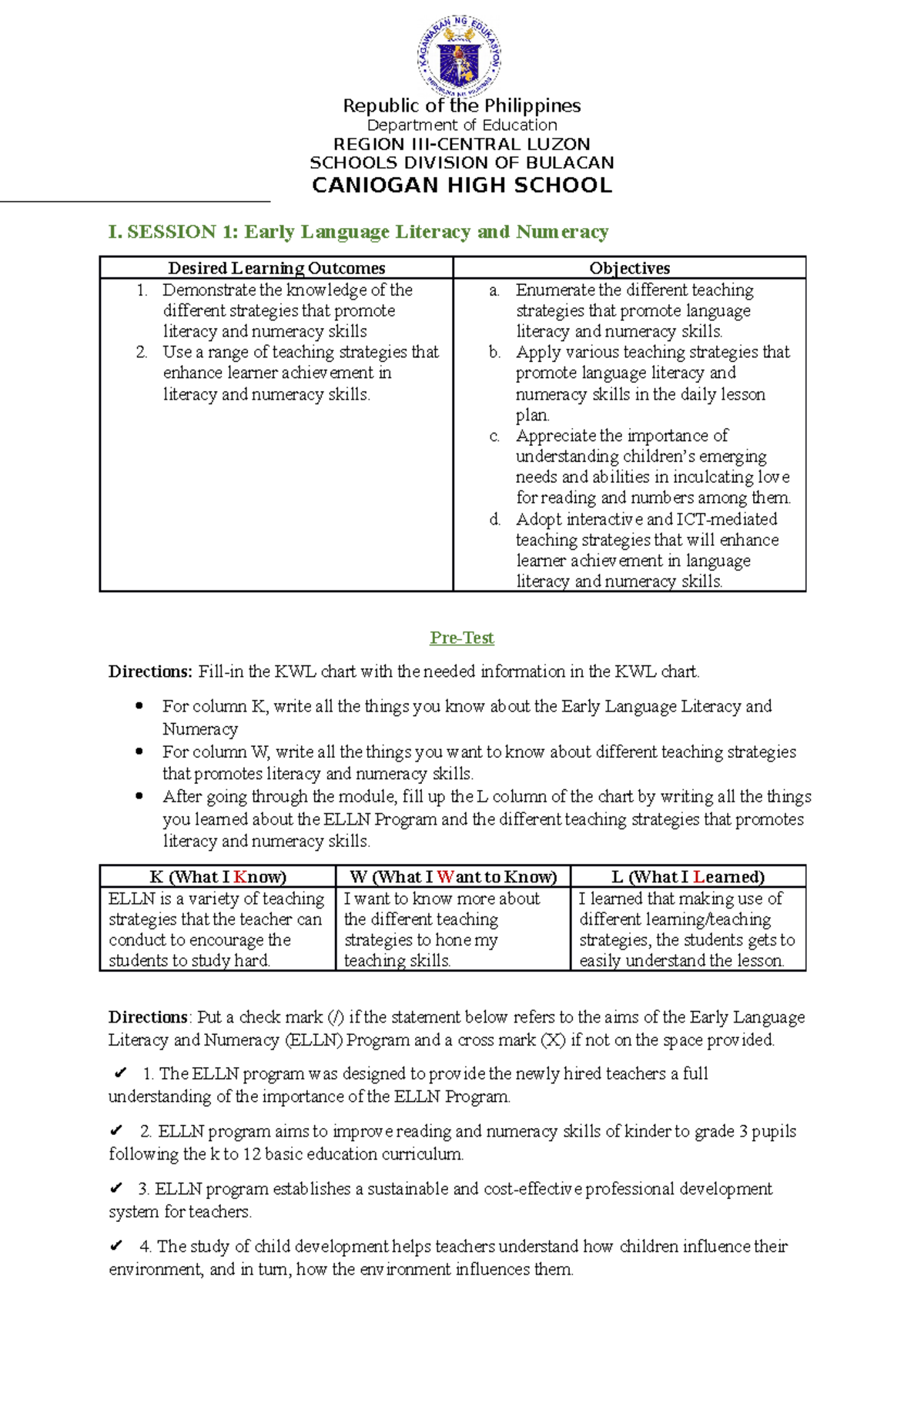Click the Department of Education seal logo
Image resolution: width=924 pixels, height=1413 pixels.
[460, 58]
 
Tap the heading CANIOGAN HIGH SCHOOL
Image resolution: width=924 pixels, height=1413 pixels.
[461, 186]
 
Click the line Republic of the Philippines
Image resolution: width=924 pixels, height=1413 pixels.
[461, 105]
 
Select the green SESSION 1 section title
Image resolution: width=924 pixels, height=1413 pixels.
[358, 232]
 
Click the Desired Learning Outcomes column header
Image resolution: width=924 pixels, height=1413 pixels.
[276, 268]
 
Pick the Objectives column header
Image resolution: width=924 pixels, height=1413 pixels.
[629, 268]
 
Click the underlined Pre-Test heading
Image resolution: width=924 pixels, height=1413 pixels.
[461, 638]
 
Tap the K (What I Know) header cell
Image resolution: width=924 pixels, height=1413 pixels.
[218, 876]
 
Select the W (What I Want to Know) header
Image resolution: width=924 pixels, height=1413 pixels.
[453, 876]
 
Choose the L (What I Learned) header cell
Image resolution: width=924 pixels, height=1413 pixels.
[688, 876]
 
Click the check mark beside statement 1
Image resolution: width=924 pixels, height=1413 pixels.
[120, 1073]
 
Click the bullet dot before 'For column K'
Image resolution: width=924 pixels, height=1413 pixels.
[139, 706]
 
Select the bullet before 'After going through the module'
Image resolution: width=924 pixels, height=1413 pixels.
[139, 796]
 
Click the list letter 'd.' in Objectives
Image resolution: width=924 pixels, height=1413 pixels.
[495, 519]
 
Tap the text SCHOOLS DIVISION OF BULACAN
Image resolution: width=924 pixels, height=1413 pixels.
[461, 163]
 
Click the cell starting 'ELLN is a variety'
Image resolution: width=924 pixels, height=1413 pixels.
[216, 929]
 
